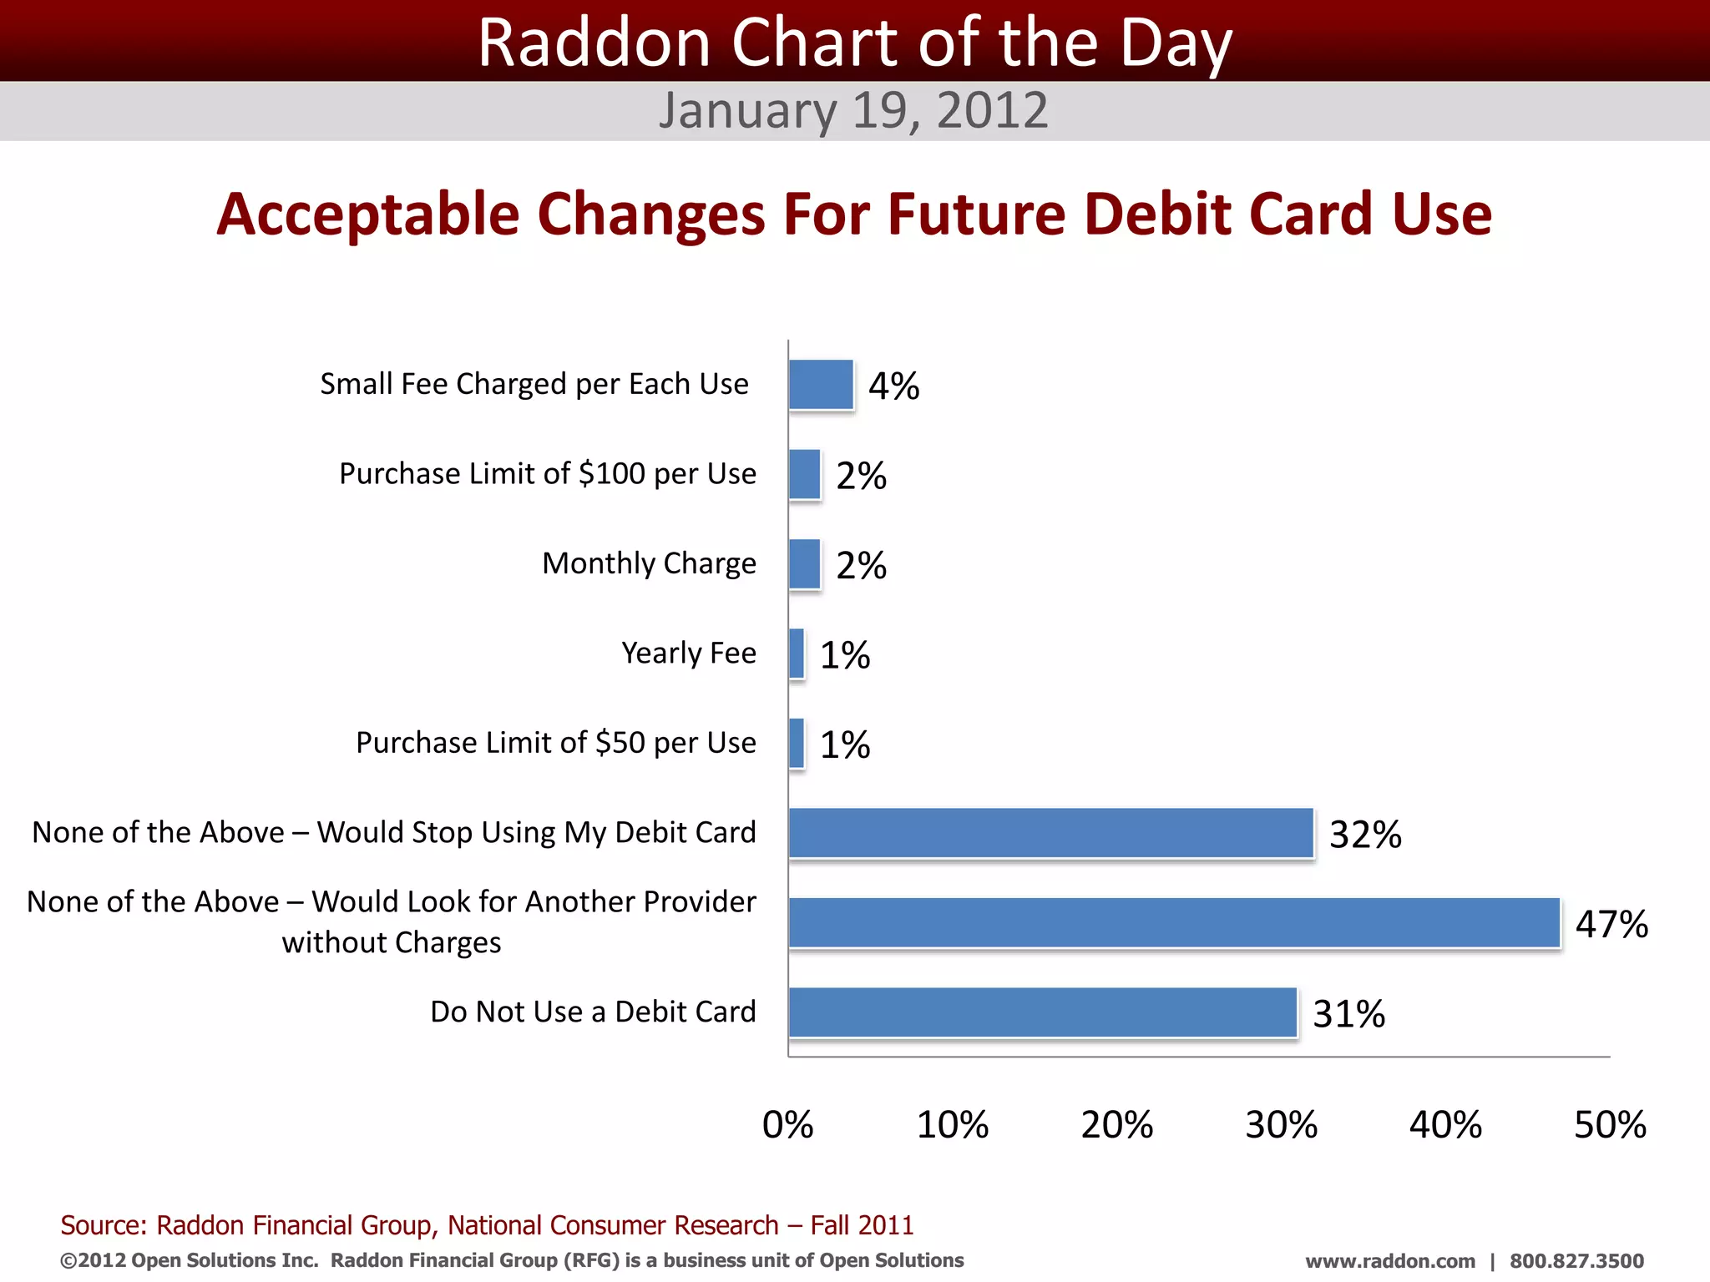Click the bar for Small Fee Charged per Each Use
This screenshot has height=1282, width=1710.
[822, 385]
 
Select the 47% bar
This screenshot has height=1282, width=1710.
[1174, 923]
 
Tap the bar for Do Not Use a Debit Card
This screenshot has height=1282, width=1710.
[1043, 1012]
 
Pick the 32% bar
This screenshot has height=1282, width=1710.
[1051, 833]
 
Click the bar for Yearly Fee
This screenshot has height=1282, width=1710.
[797, 654]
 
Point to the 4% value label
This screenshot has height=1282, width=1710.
[893, 386]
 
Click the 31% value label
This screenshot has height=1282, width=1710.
[1348, 1014]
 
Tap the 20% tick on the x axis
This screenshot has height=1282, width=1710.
[1116, 1125]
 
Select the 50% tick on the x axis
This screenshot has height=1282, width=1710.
[1610, 1125]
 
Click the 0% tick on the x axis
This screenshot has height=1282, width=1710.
[787, 1125]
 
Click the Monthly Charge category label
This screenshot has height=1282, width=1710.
[649, 563]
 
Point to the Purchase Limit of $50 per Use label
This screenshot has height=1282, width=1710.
[555, 743]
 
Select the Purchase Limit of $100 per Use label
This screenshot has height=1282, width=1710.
[547, 474]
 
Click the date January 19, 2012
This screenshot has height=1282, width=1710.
[852, 110]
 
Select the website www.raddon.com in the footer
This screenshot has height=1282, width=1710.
[1390, 1261]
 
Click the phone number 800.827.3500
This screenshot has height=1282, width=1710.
[1576, 1261]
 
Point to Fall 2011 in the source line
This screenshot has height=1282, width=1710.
[862, 1225]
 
